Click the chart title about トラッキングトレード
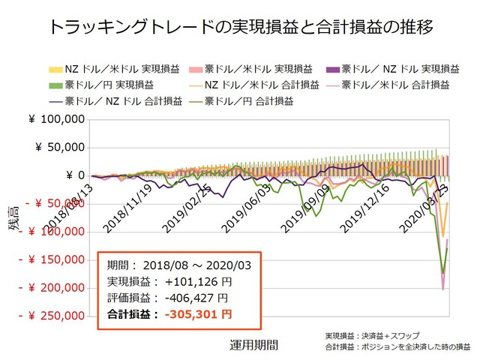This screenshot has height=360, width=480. (x=240, y=29)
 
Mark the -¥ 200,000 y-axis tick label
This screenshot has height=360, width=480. (x=53, y=289)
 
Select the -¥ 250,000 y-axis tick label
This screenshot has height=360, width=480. (x=53, y=316)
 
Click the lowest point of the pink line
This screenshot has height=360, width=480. (x=442, y=289)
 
